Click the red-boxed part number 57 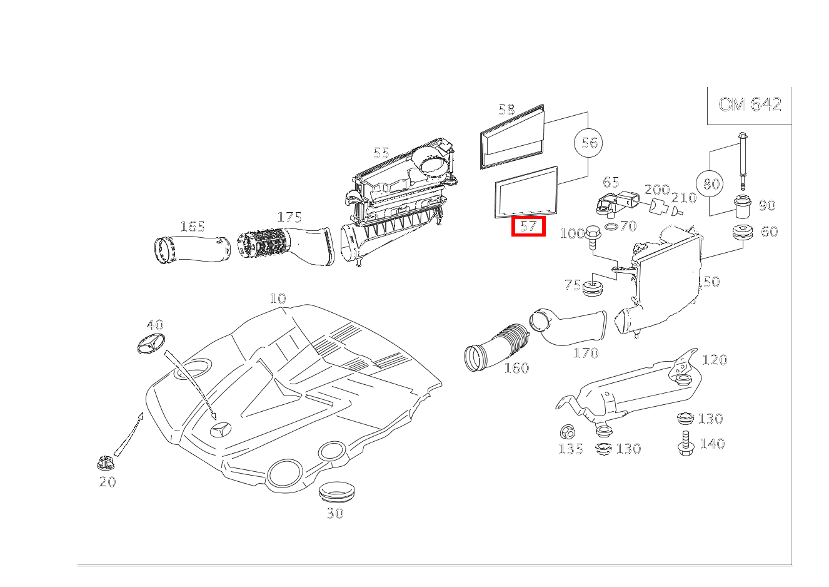528,226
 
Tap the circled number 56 589,143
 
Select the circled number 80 711,184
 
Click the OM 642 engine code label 750,105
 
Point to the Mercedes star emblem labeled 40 150,344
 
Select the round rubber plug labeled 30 336,492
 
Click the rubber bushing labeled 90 742,207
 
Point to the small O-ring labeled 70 613,226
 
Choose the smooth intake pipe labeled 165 191,248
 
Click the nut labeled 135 568,431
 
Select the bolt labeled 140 685,444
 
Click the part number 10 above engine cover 278,299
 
